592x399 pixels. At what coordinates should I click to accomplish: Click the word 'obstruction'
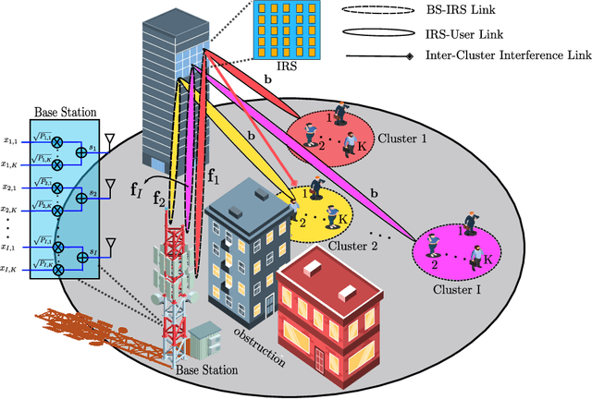coord(260,345)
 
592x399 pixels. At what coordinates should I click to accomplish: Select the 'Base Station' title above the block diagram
coord(64,112)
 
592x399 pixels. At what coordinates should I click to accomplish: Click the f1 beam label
coord(213,175)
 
